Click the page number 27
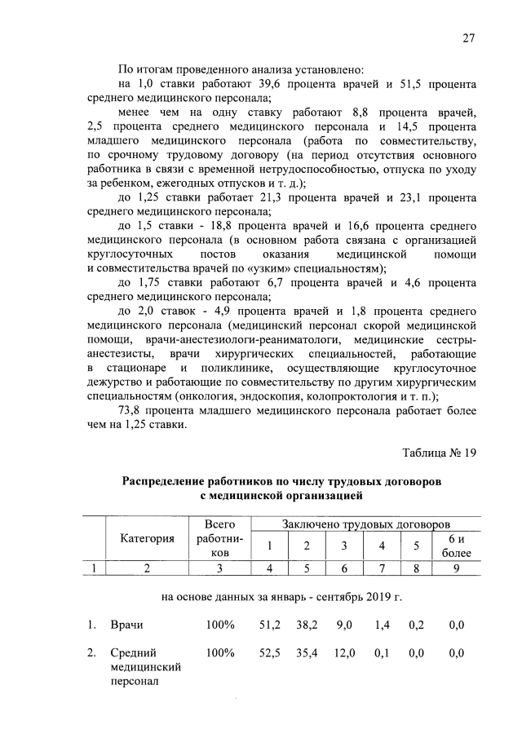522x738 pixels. pos(469,37)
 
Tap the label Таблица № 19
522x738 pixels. pos(440,453)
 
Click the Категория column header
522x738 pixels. pos(148,538)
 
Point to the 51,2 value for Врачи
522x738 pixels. pos(270,625)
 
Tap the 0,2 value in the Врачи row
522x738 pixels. pos(415,625)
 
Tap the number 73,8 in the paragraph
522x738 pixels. pos(133,409)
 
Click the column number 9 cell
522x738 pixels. pos(457,569)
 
